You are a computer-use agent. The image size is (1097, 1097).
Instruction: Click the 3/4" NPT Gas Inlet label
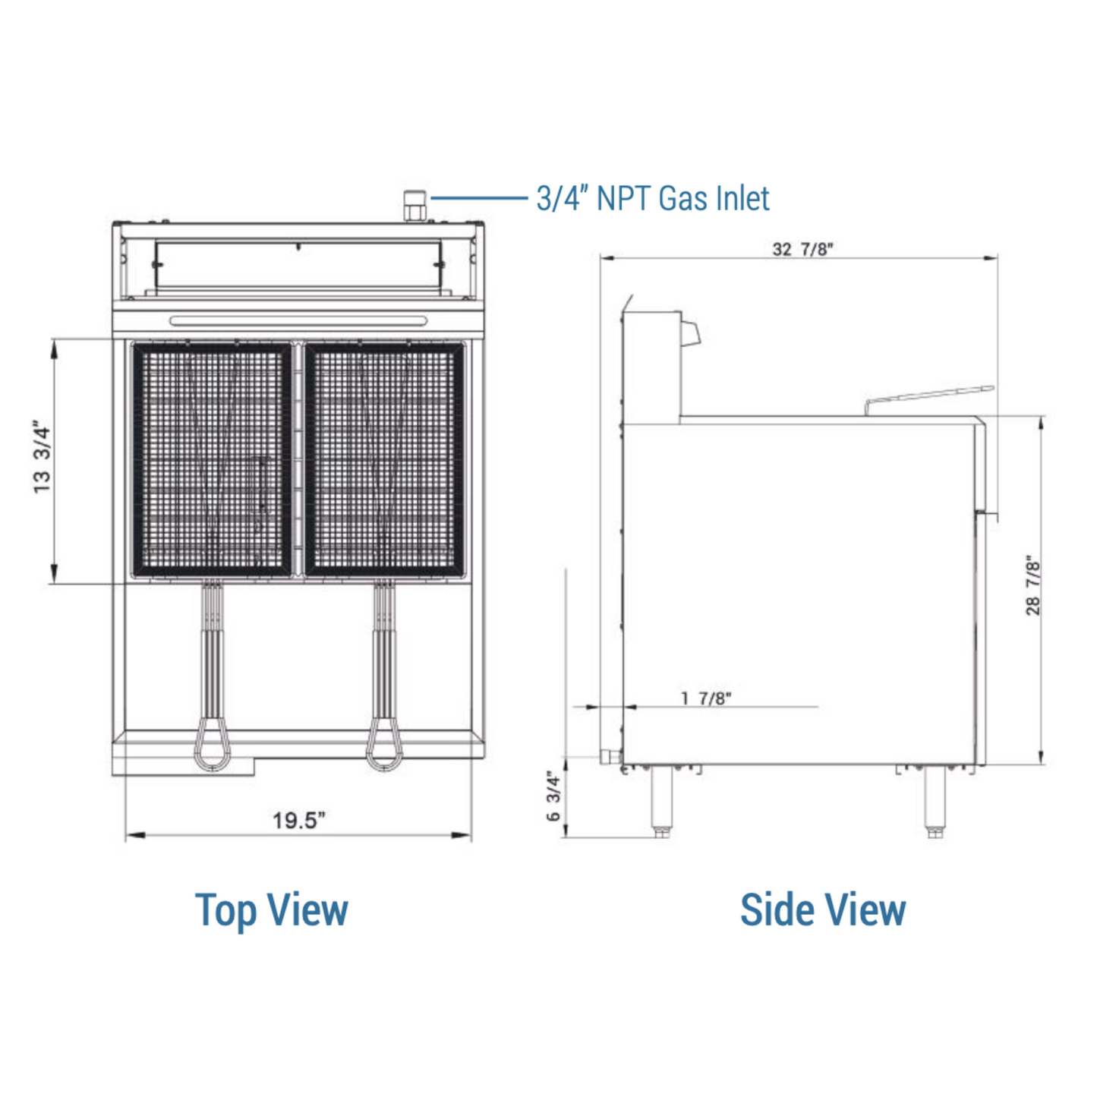click(x=652, y=198)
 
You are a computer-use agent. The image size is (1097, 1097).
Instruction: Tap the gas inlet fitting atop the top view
click(x=415, y=206)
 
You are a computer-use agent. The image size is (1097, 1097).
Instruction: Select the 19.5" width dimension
click(x=298, y=821)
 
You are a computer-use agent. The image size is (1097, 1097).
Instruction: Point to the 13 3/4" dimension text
click(x=42, y=456)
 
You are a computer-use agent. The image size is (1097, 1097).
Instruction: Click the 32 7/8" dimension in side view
click(x=802, y=249)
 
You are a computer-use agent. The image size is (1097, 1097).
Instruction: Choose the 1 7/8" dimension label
click(x=706, y=698)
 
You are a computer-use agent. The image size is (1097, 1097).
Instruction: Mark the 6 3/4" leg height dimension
click(x=553, y=796)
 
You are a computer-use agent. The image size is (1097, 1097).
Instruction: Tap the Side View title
click(x=823, y=909)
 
